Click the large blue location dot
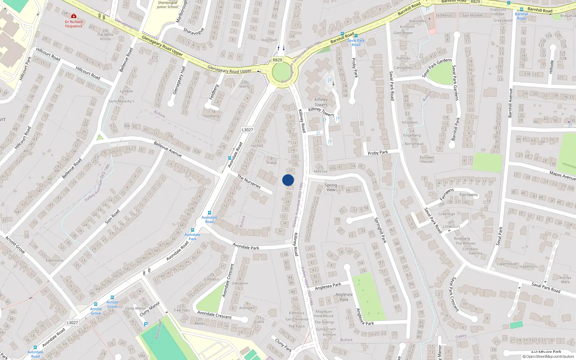click(288, 180)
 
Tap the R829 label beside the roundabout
click(277, 60)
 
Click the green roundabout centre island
click(283, 72)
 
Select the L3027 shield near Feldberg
click(247, 130)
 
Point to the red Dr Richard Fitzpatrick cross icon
click(74, 16)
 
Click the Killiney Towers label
click(321, 102)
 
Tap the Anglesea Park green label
click(344, 297)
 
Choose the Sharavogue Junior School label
click(167, 5)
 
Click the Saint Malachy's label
click(121, 101)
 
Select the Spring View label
click(331, 187)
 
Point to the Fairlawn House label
click(427, 159)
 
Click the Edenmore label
click(55, 260)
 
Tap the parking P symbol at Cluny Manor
click(146, 324)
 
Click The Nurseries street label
click(249, 181)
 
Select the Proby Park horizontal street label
click(378, 153)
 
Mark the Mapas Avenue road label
click(562, 175)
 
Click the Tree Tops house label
click(181, 310)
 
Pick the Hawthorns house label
click(529, 267)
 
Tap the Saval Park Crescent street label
click(454, 294)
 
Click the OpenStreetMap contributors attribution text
click(548, 357)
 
